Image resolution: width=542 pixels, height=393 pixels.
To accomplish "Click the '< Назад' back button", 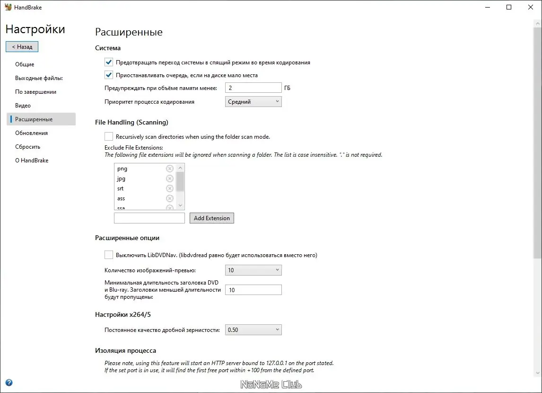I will coord(22,47).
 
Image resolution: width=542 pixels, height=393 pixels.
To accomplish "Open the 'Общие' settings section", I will coord(25,64).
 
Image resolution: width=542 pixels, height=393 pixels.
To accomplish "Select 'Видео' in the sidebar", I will coord(23,106).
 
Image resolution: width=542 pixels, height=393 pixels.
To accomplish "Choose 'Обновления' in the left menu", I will coord(31,133).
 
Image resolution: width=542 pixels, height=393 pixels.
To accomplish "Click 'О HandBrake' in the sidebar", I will coord(32,161).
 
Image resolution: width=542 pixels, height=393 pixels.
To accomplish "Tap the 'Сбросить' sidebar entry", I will coord(27,147).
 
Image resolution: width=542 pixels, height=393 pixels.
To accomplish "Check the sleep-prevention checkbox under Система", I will coord(109,62).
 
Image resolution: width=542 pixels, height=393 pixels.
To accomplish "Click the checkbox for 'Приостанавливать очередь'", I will coord(109,75).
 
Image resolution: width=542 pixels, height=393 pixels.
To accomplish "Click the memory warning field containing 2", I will coord(254,88).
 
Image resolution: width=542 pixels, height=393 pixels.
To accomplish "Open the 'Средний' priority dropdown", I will coord(254,102).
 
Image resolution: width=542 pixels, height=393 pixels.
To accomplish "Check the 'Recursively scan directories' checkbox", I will coord(109,136).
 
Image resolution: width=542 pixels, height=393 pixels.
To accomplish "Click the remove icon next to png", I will coord(170,169).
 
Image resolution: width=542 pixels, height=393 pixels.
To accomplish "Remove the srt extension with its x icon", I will coord(170,188).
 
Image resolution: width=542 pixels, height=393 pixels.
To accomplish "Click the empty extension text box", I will coord(149,218).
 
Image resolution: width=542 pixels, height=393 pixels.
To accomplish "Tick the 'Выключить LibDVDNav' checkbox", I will coord(109,255).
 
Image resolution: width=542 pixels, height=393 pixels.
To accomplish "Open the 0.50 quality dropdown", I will coord(254,330).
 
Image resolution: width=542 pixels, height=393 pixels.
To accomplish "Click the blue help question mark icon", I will coord(9,383).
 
